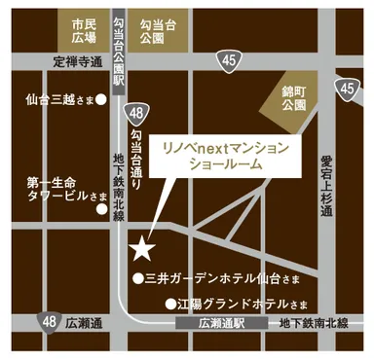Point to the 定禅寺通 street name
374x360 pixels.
(x=77, y=61)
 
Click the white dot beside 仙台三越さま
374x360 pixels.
(x=100, y=99)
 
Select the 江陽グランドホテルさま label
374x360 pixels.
(x=240, y=303)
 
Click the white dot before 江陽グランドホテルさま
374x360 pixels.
(x=171, y=303)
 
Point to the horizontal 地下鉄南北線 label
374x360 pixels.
(x=314, y=322)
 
